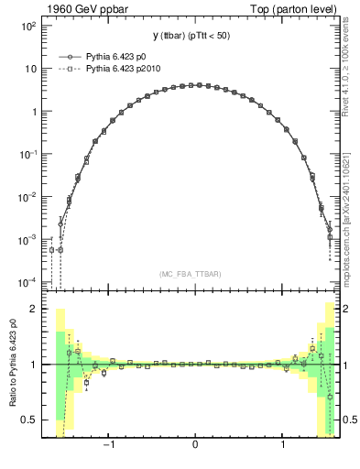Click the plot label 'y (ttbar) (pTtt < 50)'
[194, 35]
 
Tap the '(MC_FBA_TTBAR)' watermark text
[194, 274]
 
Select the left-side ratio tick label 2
[33, 309]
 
